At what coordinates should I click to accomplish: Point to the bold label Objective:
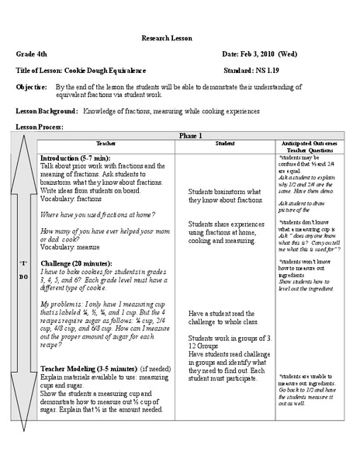(x=33, y=88)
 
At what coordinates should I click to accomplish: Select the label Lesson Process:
(x=40, y=127)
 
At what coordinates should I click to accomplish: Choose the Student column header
(x=225, y=144)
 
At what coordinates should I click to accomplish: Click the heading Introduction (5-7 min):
(x=75, y=158)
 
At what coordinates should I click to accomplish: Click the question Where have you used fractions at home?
(x=98, y=214)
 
